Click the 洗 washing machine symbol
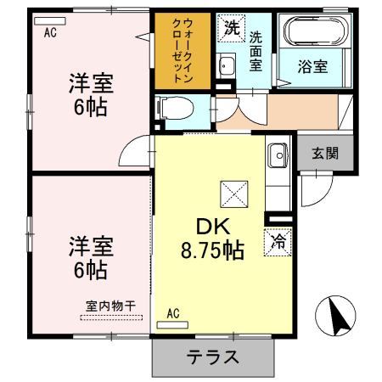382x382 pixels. point(231,27)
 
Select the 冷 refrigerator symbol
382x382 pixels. point(278,240)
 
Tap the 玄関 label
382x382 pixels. point(323,154)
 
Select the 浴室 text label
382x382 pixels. point(313,66)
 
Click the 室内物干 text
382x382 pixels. point(111,306)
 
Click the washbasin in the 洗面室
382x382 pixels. point(226,65)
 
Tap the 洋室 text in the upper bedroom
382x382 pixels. point(91,85)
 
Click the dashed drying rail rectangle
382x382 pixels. point(110,319)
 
